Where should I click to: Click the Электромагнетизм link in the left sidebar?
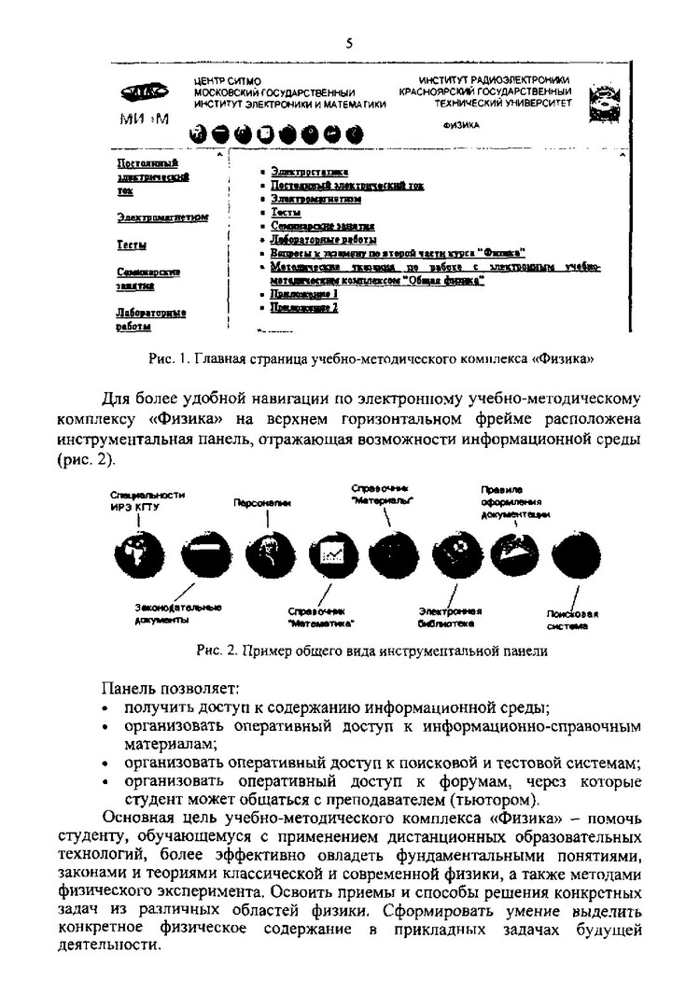pos(162,218)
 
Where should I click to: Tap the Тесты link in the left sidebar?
pos(130,245)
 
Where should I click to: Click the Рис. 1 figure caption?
pos(371,358)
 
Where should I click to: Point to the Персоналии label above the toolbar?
pos(262,503)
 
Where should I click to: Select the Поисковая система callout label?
pos(572,619)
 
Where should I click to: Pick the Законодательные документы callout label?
pos(178,613)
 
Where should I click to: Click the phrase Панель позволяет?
pos(171,689)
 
